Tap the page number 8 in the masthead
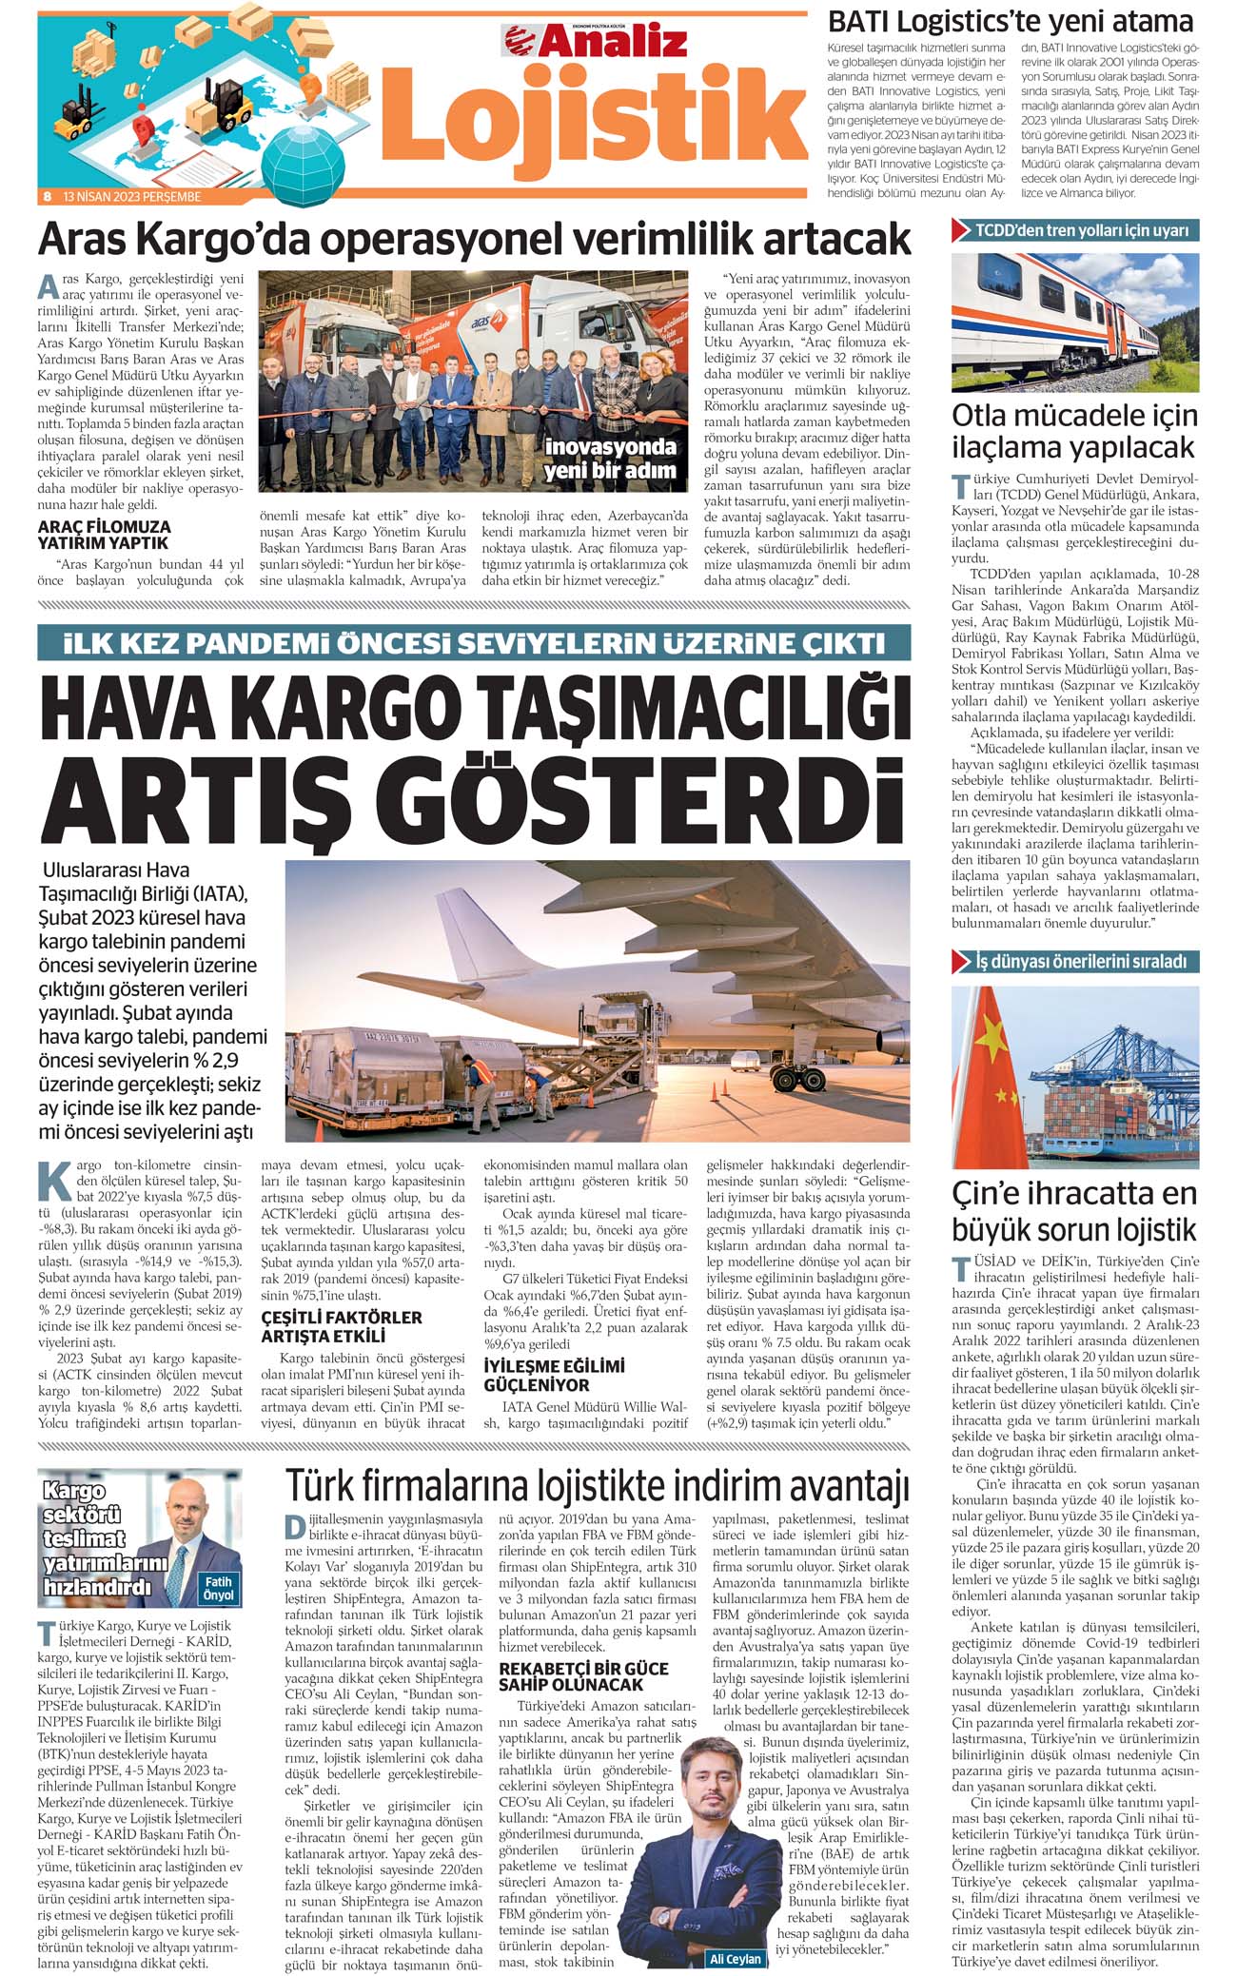pyautogui.click(x=47, y=197)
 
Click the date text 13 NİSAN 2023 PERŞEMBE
pyautogui.click(x=132, y=197)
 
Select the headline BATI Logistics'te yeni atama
pyautogui.click(x=1010, y=21)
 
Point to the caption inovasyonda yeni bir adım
pyautogui.click(x=609, y=459)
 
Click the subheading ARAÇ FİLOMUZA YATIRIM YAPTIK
pyautogui.click(x=105, y=535)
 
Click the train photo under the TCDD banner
pyautogui.click(x=1075, y=322)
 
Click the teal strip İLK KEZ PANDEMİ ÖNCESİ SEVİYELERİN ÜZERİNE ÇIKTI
pyautogui.click(x=474, y=643)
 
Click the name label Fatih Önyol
pyautogui.click(x=219, y=1588)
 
